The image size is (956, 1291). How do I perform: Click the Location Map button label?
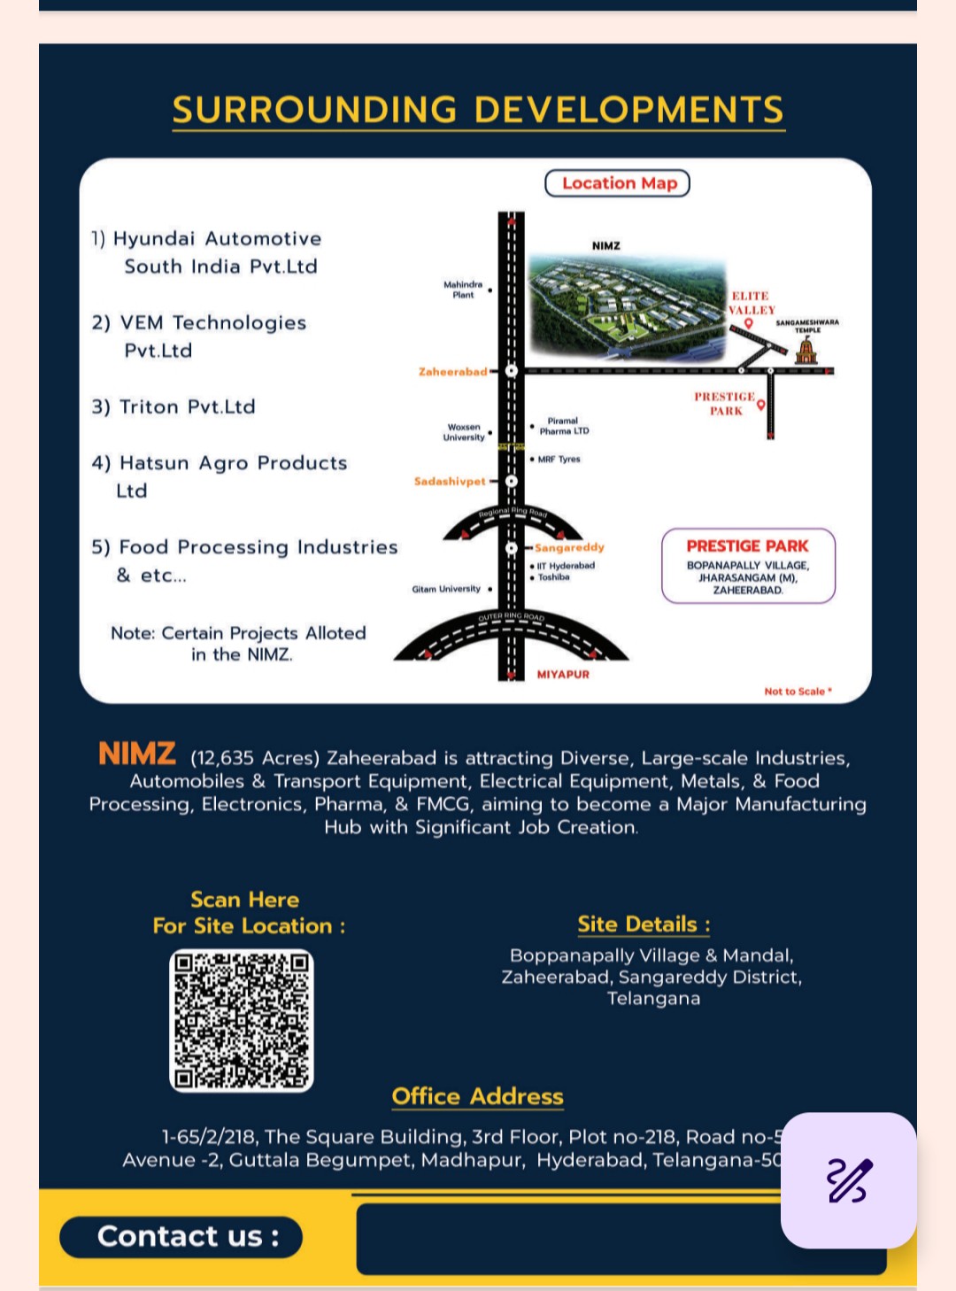tap(618, 183)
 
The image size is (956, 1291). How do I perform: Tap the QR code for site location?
tap(242, 1020)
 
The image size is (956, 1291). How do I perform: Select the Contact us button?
tap(181, 1236)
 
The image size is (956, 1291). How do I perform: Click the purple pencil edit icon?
tap(849, 1180)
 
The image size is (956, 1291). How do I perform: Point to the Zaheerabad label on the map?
tap(452, 372)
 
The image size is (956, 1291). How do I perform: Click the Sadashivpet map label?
tap(450, 482)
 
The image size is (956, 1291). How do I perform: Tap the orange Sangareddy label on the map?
tap(569, 547)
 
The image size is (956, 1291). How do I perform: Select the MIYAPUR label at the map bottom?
tap(563, 675)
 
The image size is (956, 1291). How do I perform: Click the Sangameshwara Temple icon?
tap(806, 351)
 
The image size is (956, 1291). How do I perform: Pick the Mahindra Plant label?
tap(463, 290)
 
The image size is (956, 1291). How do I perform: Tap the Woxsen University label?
tap(464, 432)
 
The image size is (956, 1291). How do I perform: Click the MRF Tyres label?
tap(559, 460)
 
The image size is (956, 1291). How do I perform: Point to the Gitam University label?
tap(446, 589)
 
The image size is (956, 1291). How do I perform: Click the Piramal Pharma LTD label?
tap(564, 426)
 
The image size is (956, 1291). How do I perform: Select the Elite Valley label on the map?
tap(751, 303)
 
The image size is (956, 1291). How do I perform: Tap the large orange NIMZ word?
tap(137, 754)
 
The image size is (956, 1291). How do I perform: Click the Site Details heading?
tap(644, 924)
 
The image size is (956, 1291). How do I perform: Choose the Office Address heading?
tap(477, 1096)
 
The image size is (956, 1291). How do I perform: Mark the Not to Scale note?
tap(797, 692)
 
